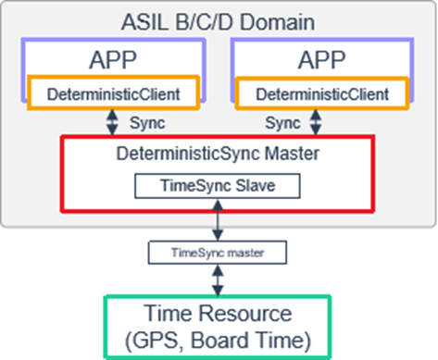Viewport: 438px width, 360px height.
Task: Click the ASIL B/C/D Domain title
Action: [219, 18]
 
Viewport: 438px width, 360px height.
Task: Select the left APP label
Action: [114, 61]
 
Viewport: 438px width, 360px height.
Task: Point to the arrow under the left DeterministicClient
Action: [112, 122]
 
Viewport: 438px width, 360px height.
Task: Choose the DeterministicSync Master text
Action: [219, 155]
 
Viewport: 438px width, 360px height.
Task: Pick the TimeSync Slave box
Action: [219, 185]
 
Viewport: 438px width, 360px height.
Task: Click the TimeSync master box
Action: [219, 251]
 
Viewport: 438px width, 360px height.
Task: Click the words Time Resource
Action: [219, 313]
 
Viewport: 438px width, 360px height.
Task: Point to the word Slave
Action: [252, 185]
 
